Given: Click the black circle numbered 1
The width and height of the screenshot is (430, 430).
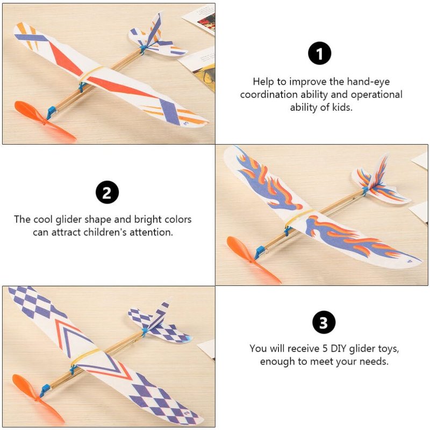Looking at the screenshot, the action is [x=319, y=53].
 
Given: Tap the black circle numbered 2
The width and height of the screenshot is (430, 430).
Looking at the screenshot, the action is [x=107, y=192].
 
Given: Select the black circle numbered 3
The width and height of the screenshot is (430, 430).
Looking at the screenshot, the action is [x=324, y=322].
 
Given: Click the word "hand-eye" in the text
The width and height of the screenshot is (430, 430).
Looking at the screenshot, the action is [x=368, y=82].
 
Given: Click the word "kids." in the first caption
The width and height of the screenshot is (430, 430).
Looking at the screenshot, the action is [x=342, y=107].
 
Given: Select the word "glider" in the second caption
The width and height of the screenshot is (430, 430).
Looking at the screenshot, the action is [x=69, y=219].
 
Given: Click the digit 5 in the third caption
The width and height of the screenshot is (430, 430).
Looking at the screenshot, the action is [x=325, y=348].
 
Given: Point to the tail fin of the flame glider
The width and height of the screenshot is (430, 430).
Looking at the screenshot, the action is [x=380, y=171].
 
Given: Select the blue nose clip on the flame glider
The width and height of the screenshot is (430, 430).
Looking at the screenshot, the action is [x=259, y=252].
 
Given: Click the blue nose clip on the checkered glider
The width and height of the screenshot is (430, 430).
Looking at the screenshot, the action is [x=45, y=391].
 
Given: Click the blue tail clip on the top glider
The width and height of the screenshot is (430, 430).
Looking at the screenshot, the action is [x=143, y=49].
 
